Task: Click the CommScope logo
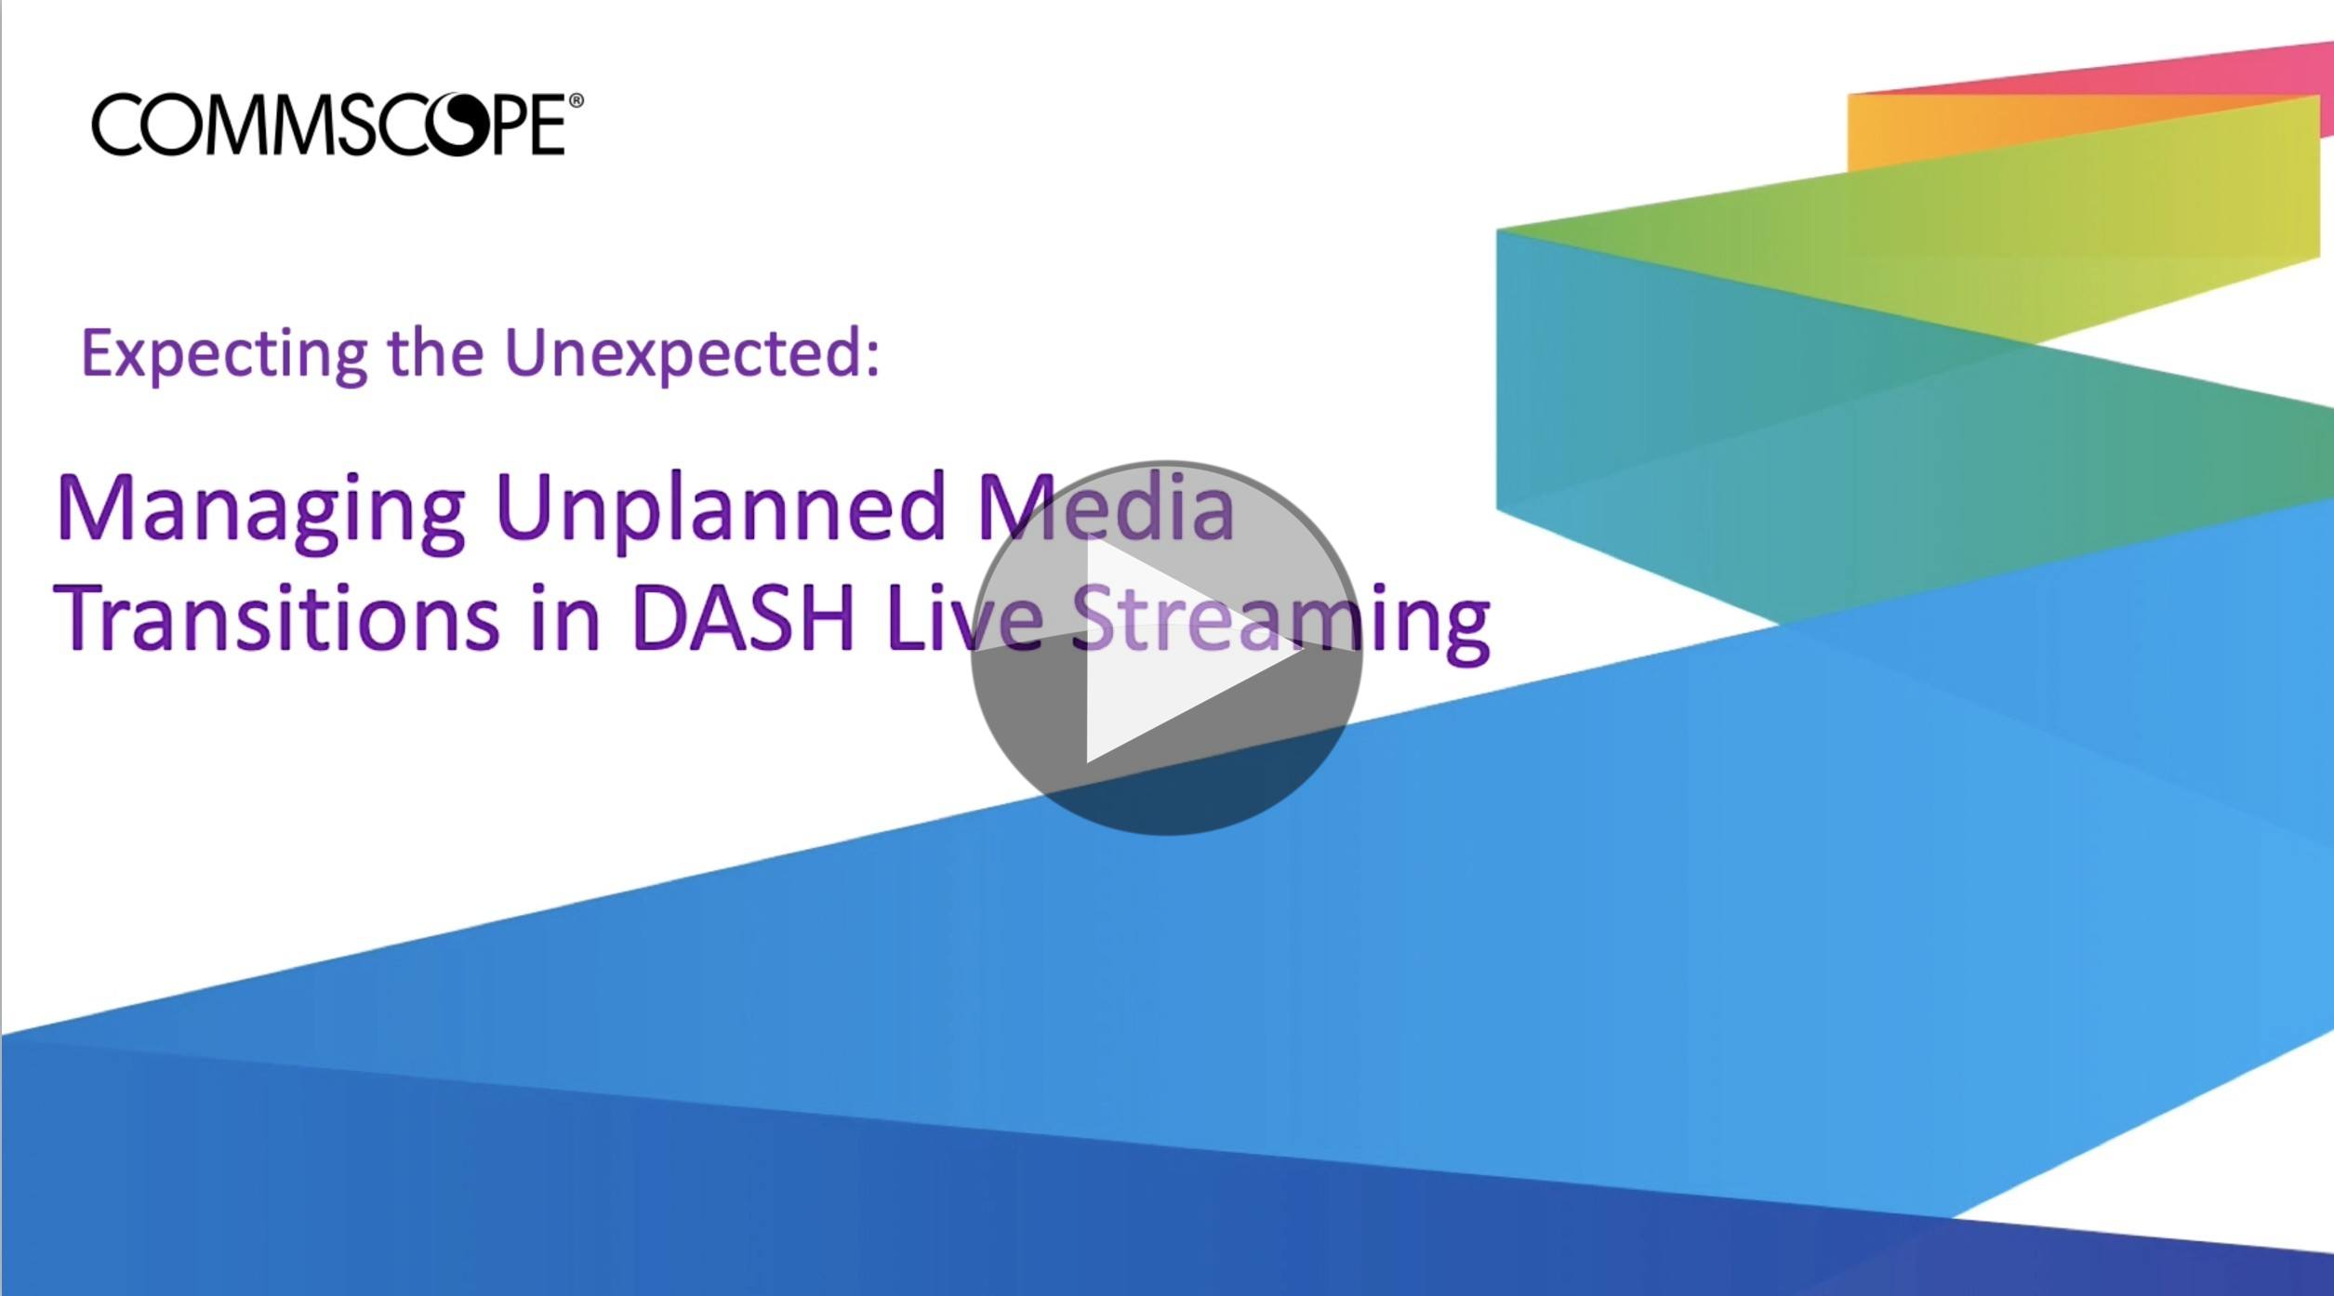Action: (338, 124)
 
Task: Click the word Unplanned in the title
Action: (722, 509)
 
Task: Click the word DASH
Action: (743, 619)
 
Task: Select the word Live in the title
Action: (964, 618)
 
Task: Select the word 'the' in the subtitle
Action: (436, 353)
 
